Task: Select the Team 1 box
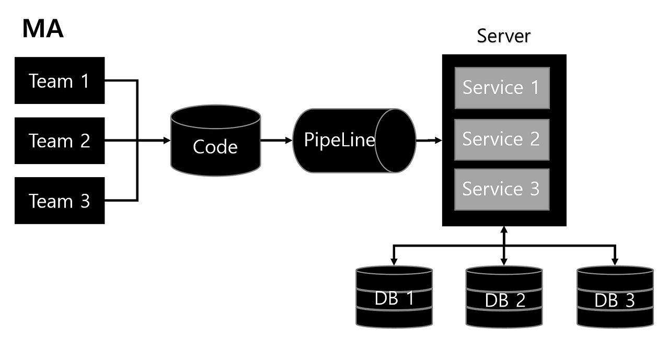(60, 81)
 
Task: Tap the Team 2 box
(60, 141)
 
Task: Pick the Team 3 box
(60, 201)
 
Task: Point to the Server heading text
(504, 36)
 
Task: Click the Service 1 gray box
(502, 88)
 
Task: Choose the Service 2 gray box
(502, 140)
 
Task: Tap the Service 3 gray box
(502, 189)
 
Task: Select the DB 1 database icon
(394, 297)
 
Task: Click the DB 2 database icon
(504, 297)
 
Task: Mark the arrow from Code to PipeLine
(276, 141)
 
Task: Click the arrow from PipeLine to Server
(429, 140)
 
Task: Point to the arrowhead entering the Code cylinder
(167, 141)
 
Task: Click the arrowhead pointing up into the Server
(504, 230)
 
